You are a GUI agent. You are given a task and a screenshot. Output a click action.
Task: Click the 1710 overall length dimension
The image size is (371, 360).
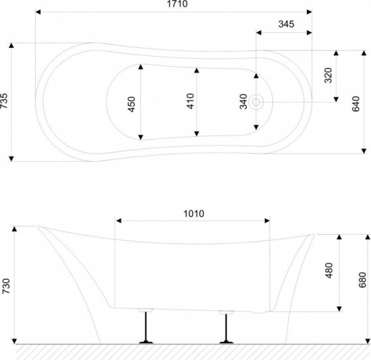pos(177,4)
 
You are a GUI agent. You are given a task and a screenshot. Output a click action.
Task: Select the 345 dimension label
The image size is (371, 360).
pos(286,24)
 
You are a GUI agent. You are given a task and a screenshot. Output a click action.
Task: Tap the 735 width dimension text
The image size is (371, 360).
pos(4,101)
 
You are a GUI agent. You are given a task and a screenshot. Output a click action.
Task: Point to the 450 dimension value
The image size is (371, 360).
pos(131,104)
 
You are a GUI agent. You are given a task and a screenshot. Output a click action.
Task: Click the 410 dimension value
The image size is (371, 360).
pos(190,101)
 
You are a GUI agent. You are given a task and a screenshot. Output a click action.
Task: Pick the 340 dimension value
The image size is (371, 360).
pos(244,102)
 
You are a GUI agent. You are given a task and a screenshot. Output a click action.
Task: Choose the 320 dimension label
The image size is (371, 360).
pos(328,76)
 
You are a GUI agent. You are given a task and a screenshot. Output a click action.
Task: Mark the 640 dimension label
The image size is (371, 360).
pos(355,104)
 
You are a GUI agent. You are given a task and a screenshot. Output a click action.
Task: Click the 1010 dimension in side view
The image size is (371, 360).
pos(194,214)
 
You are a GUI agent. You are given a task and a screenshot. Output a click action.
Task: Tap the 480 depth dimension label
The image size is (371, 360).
pos(329,270)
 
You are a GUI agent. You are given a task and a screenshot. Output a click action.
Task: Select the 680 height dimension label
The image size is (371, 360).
pos(362,280)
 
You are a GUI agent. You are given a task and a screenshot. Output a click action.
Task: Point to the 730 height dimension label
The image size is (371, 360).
pos(6,287)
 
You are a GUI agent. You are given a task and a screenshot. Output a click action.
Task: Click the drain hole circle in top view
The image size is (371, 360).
pos(256,102)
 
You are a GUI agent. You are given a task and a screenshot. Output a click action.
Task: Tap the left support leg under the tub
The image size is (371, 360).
pos(146,326)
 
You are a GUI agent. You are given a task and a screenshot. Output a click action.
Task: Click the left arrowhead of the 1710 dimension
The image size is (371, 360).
pos(38,12)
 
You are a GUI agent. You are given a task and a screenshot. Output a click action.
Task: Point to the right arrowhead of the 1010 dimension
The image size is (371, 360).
pos(267,220)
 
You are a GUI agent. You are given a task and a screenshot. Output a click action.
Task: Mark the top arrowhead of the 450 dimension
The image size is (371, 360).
pos(141,67)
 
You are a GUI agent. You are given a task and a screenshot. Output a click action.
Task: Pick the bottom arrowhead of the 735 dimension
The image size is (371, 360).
pos(11,158)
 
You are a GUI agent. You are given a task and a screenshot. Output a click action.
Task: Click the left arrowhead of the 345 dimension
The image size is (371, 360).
pos(258,32)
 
